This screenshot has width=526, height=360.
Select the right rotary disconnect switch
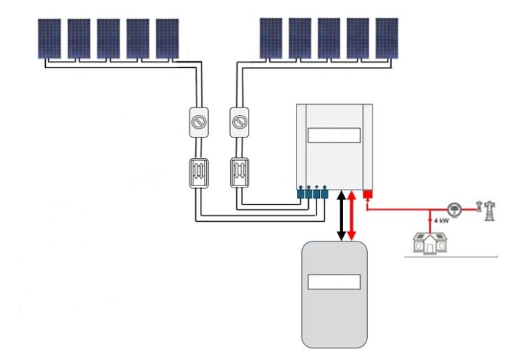[239, 121]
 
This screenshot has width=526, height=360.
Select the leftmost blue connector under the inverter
[301, 194]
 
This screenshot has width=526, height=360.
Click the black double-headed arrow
[341, 216]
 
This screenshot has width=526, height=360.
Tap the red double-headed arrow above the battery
[352, 216]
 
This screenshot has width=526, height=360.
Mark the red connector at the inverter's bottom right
[367, 196]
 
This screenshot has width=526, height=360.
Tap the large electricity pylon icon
[489, 209]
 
